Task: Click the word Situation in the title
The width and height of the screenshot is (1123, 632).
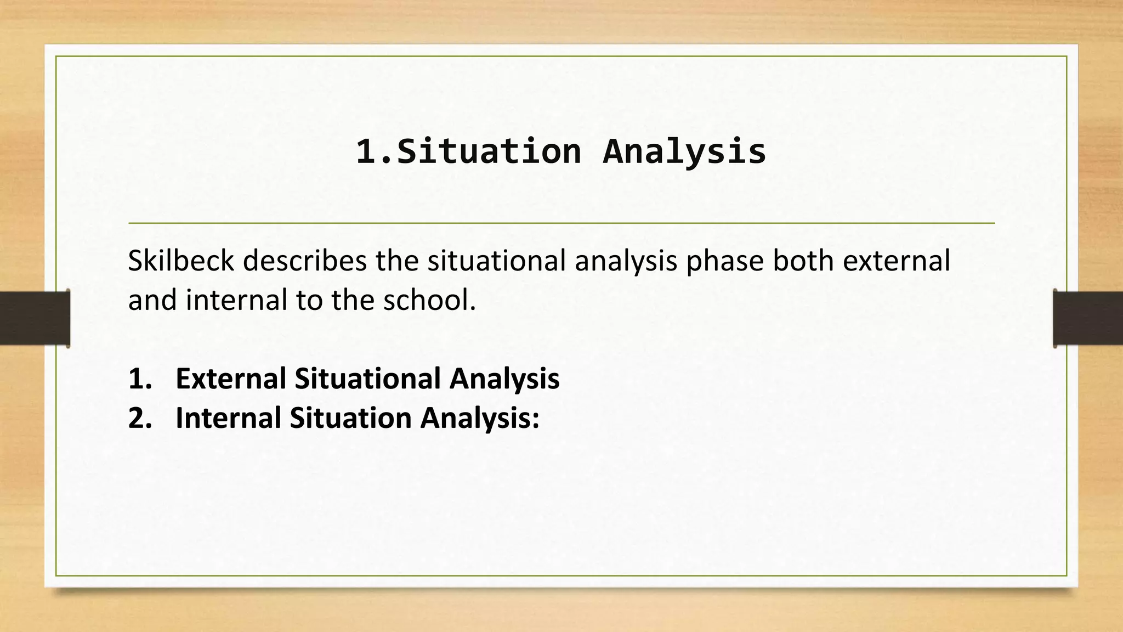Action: [489, 151]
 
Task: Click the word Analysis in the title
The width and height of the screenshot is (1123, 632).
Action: [684, 151]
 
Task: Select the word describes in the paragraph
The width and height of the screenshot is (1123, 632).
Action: [305, 261]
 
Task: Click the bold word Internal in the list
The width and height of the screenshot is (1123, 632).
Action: [228, 418]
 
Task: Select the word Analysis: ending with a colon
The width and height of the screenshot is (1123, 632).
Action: [480, 418]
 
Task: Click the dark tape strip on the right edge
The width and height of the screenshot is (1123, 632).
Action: [1088, 318]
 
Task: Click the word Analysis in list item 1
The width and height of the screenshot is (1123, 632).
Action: [504, 379]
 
